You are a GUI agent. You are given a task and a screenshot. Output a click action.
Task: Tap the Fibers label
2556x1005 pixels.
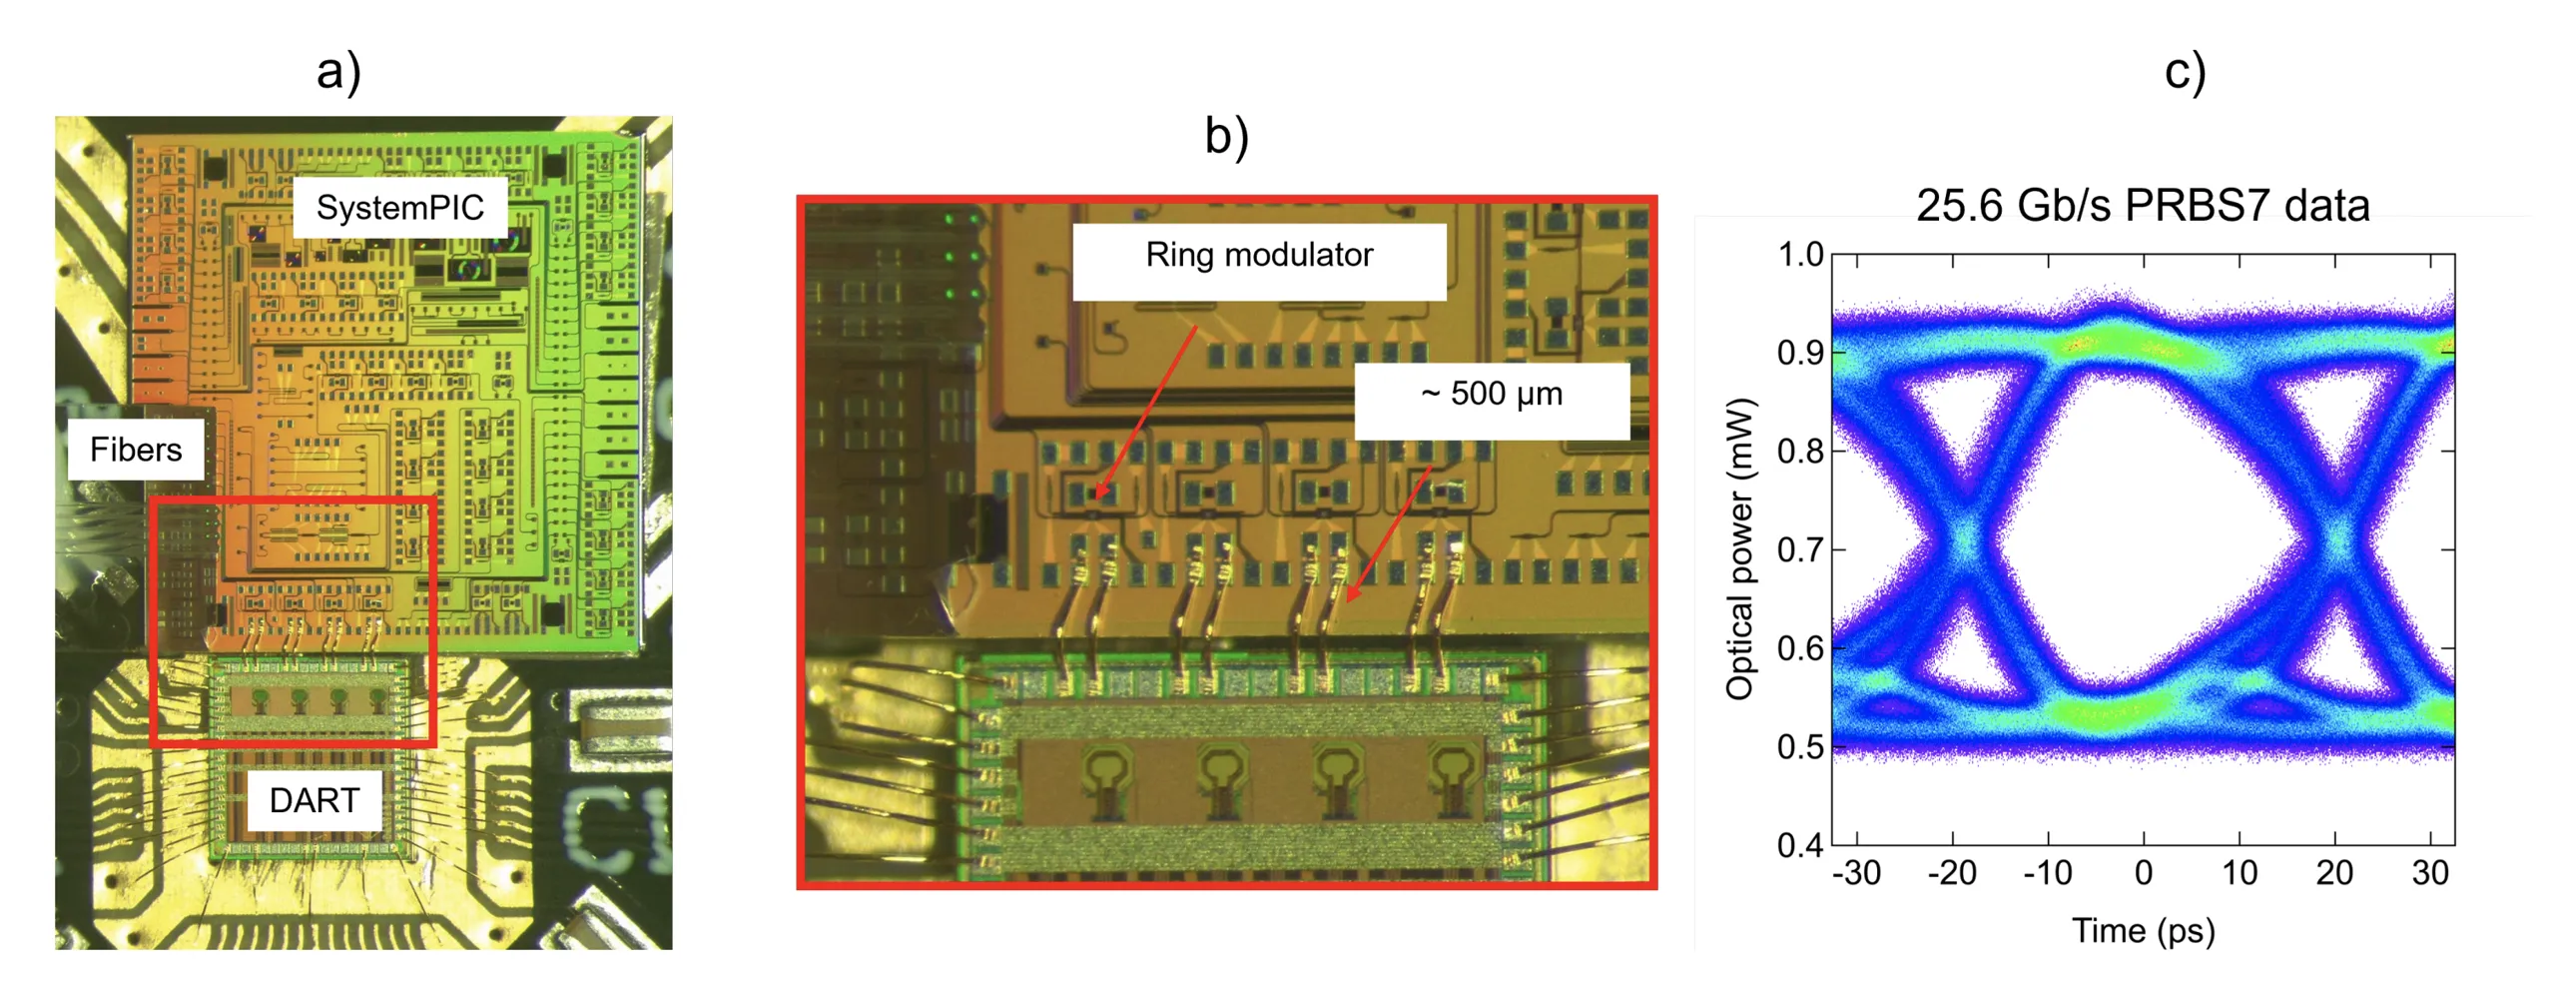coord(136,449)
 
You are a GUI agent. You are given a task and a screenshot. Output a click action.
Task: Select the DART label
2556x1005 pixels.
coord(314,799)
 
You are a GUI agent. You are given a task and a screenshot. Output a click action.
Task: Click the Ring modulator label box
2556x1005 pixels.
coord(1258,261)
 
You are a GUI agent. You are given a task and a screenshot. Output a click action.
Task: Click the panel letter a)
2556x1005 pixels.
coord(338,72)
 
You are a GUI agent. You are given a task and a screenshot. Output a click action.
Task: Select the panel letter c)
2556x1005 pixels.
coord(2184,72)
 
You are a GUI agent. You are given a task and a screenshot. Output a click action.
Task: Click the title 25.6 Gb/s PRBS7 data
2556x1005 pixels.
coord(2142,205)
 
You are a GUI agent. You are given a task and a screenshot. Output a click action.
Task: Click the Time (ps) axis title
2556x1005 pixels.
coord(2143,929)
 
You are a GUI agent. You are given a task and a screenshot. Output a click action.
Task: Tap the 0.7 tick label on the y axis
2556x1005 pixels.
coord(1800,548)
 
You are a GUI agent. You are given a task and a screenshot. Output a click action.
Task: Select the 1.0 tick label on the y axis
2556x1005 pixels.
coord(1800,255)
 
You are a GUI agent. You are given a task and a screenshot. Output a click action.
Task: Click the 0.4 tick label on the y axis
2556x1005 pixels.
coord(1800,845)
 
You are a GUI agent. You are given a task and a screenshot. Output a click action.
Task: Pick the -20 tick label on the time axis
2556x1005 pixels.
coord(1952,872)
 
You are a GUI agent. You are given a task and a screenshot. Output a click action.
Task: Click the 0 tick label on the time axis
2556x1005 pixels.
coord(2143,872)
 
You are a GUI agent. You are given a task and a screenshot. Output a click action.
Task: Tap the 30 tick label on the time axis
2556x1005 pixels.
coord(2429,872)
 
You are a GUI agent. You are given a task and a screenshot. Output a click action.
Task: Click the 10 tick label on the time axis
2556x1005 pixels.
coord(2238,872)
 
